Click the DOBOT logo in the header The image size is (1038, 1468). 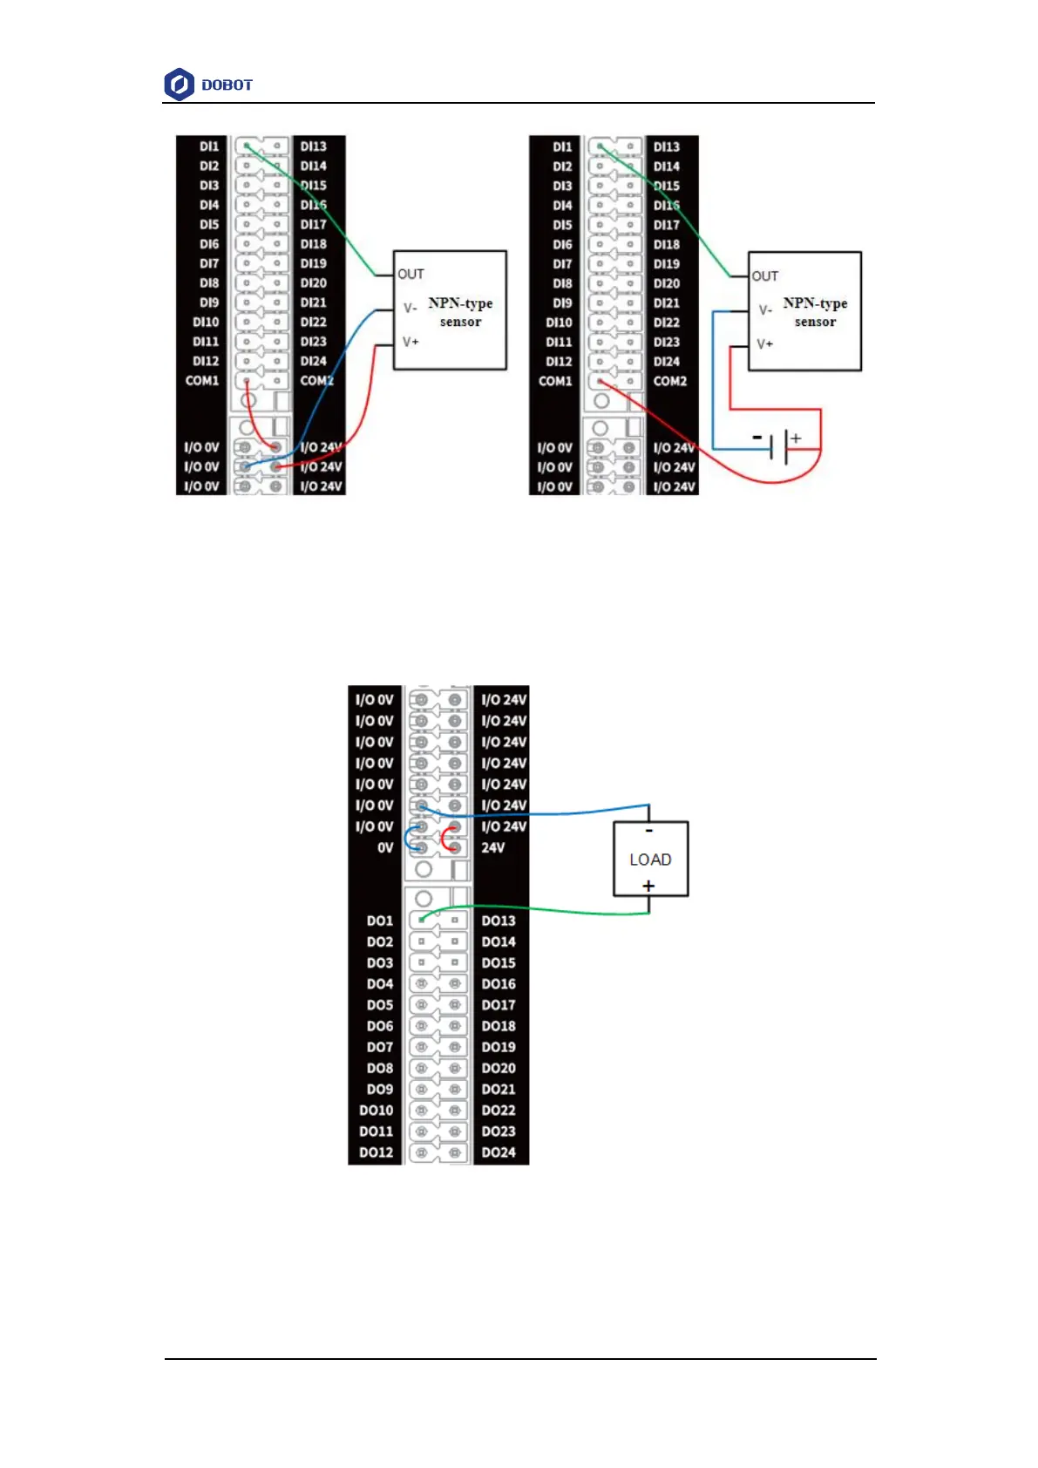click(208, 85)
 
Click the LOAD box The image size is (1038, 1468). click(650, 859)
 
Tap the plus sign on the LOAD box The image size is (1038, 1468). click(648, 886)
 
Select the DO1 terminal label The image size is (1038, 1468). click(379, 921)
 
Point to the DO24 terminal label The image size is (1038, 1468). click(499, 1152)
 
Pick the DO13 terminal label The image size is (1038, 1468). click(499, 921)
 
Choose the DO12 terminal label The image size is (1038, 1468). click(376, 1152)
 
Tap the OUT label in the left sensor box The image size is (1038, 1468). click(410, 274)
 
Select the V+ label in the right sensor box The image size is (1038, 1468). click(764, 344)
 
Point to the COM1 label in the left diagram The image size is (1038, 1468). click(202, 381)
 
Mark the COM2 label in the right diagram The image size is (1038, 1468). click(670, 381)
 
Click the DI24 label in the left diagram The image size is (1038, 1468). click(314, 361)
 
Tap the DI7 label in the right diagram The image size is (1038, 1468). click(562, 263)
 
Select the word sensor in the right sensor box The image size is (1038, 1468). click(815, 322)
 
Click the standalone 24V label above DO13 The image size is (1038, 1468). click(493, 847)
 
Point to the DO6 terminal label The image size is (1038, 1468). click(379, 1026)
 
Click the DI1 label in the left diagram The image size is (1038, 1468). click(209, 146)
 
